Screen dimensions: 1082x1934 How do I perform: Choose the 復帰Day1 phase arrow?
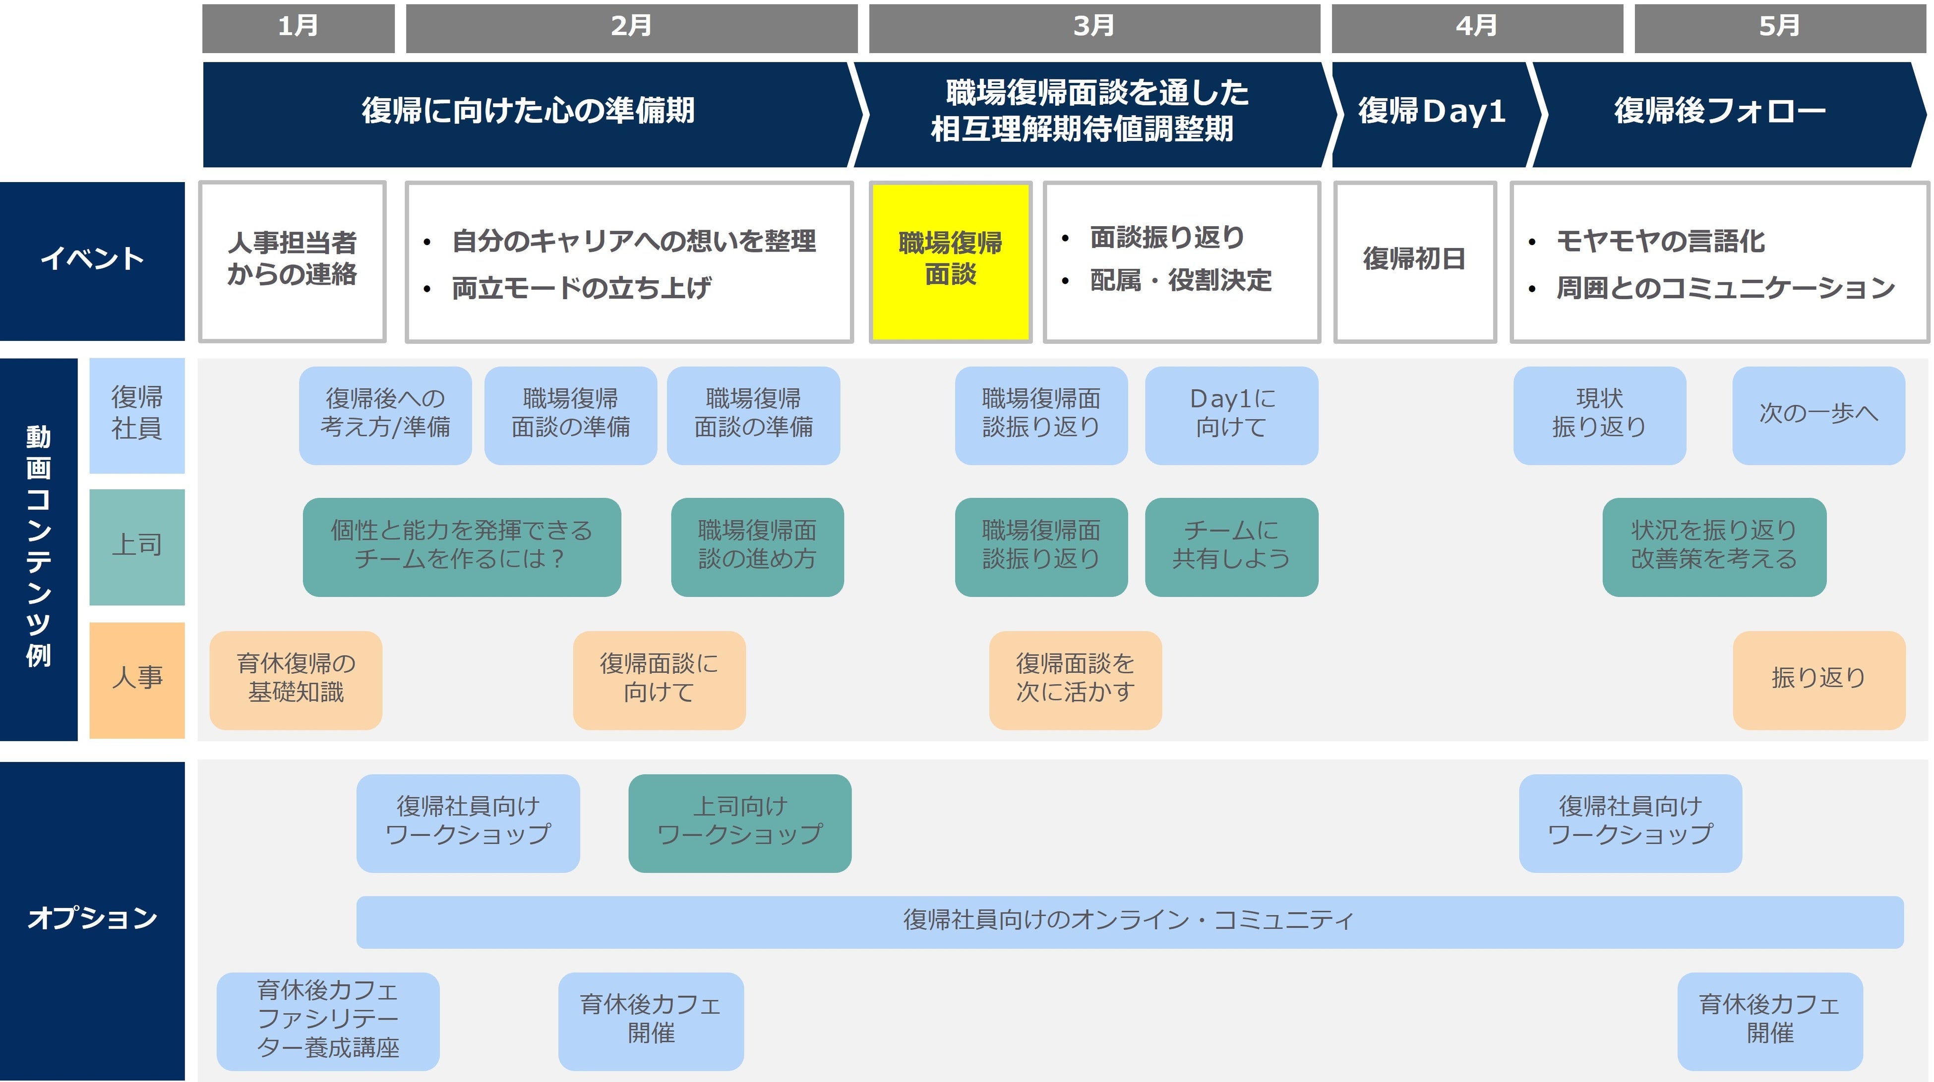coord(1431,113)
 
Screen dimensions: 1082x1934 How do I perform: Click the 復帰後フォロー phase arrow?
coord(1719,113)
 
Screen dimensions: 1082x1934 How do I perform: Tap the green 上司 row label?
coord(137,546)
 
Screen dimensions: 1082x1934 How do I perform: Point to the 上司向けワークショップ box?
coord(739,822)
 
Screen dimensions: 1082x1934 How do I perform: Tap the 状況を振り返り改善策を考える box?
coord(1713,546)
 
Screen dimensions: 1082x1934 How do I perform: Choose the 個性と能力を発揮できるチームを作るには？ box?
coord(461,546)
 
